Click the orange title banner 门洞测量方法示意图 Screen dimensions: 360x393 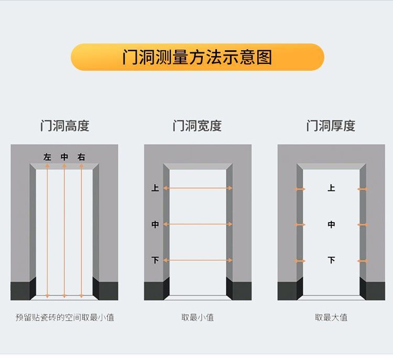(197, 57)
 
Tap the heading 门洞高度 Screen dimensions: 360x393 (64, 126)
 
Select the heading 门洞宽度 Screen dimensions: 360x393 (197, 126)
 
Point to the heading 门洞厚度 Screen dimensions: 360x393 (331, 126)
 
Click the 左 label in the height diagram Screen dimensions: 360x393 (48, 157)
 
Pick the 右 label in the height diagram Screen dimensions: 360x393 (81, 157)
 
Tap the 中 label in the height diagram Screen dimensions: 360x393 (64, 157)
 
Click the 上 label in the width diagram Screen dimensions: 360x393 (155, 188)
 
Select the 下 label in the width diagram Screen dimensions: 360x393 (155, 260)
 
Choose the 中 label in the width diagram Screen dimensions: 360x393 (155, 224)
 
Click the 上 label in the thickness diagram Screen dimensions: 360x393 (331, 188)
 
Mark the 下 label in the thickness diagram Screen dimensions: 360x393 (331, 260)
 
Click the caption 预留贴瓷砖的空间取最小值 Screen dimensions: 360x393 (64, 317)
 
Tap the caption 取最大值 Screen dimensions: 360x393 (331, 317)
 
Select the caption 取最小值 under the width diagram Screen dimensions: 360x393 (198, 317)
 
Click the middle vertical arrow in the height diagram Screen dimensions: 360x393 (64, 231)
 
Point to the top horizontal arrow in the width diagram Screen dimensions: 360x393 (198, 188)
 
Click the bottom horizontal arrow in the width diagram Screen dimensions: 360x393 (198, 260)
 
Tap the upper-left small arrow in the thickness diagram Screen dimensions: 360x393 (300, 189)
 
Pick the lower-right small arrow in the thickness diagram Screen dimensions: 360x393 (363, 260)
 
